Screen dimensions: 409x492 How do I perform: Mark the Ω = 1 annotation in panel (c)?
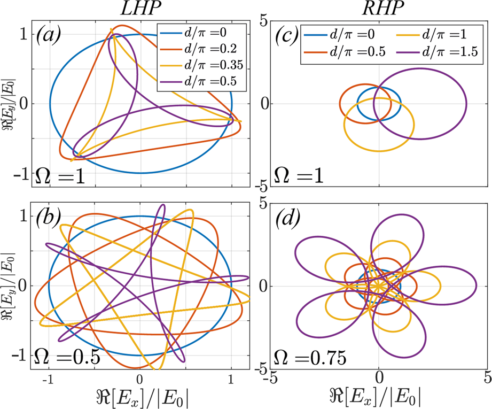[x=300, y=175]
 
